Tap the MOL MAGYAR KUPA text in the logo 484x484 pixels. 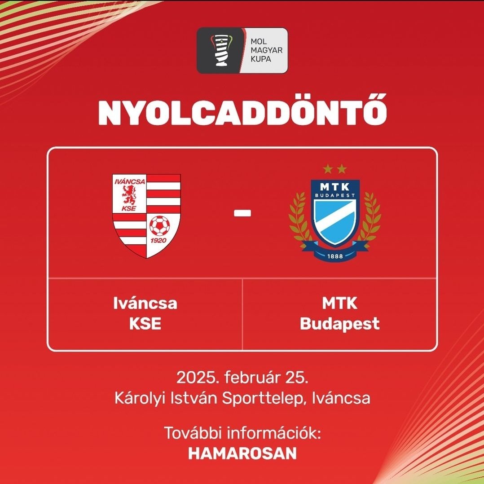[264, 50]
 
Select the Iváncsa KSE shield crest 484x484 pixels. [146, 216]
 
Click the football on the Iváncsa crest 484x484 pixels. [160, 226]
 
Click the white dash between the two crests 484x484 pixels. [242, 214]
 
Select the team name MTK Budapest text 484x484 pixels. [339, 313]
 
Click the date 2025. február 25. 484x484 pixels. [242, 378]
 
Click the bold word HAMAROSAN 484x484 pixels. [242, 453]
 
